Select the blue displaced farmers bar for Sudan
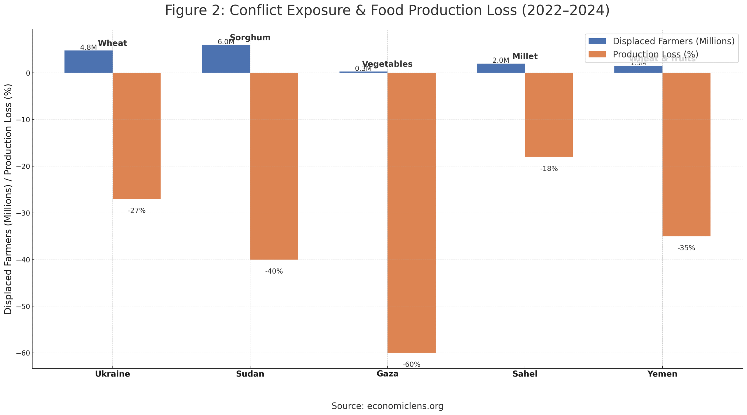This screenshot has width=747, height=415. [x=226, y=59]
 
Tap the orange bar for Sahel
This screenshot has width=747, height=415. [x=549, y=115]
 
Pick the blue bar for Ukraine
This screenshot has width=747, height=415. [x=88, y=62]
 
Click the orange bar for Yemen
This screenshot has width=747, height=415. [x=686, y=154]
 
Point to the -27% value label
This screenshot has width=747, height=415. [x=137, y=211]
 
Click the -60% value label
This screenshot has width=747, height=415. [x=411, y=364]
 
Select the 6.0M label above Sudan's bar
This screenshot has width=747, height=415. [x=226, y=42]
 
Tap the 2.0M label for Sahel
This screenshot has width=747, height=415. [x=500, y=60]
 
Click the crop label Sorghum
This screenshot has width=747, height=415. [x=250, y=38]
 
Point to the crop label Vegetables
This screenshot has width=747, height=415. [x=387, y=64]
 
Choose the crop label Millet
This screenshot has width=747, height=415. [x=525, y=56]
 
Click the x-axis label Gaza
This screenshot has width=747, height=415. [x=387, y=374]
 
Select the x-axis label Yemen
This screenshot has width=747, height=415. [x=662, y=374]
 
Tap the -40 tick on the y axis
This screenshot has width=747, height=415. [x=23, y=260]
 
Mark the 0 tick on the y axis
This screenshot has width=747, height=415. [x=28, y=73]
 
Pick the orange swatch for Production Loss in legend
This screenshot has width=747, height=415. [x=597, y=54]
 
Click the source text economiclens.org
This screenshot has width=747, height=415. [x=387, y=406]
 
